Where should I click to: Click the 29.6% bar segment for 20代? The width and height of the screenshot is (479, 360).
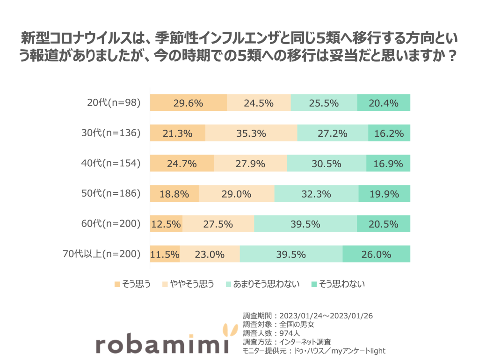[x=188, y=103]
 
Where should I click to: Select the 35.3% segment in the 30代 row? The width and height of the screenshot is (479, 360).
[x=251, y=133]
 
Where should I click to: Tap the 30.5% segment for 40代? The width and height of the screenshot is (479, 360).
[x=326, y=163]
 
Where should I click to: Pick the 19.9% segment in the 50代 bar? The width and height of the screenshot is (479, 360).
[x=384, y=193]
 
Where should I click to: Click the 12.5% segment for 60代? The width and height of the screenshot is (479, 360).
[x=166, y=224]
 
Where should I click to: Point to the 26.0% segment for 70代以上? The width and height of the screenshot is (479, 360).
[x=376, y=254]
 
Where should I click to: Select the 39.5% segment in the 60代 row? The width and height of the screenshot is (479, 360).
[x=305, y=224]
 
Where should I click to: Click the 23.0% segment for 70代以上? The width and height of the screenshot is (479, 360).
[x=210, y=254]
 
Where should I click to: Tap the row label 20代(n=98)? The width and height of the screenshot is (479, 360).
[x=114, y=103]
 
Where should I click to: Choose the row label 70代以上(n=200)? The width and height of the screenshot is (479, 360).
[x=102, y=254]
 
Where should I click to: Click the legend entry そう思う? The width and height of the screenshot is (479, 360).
[x=132, y=284]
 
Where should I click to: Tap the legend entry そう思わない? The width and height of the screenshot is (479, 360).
[x=338, y=284]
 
